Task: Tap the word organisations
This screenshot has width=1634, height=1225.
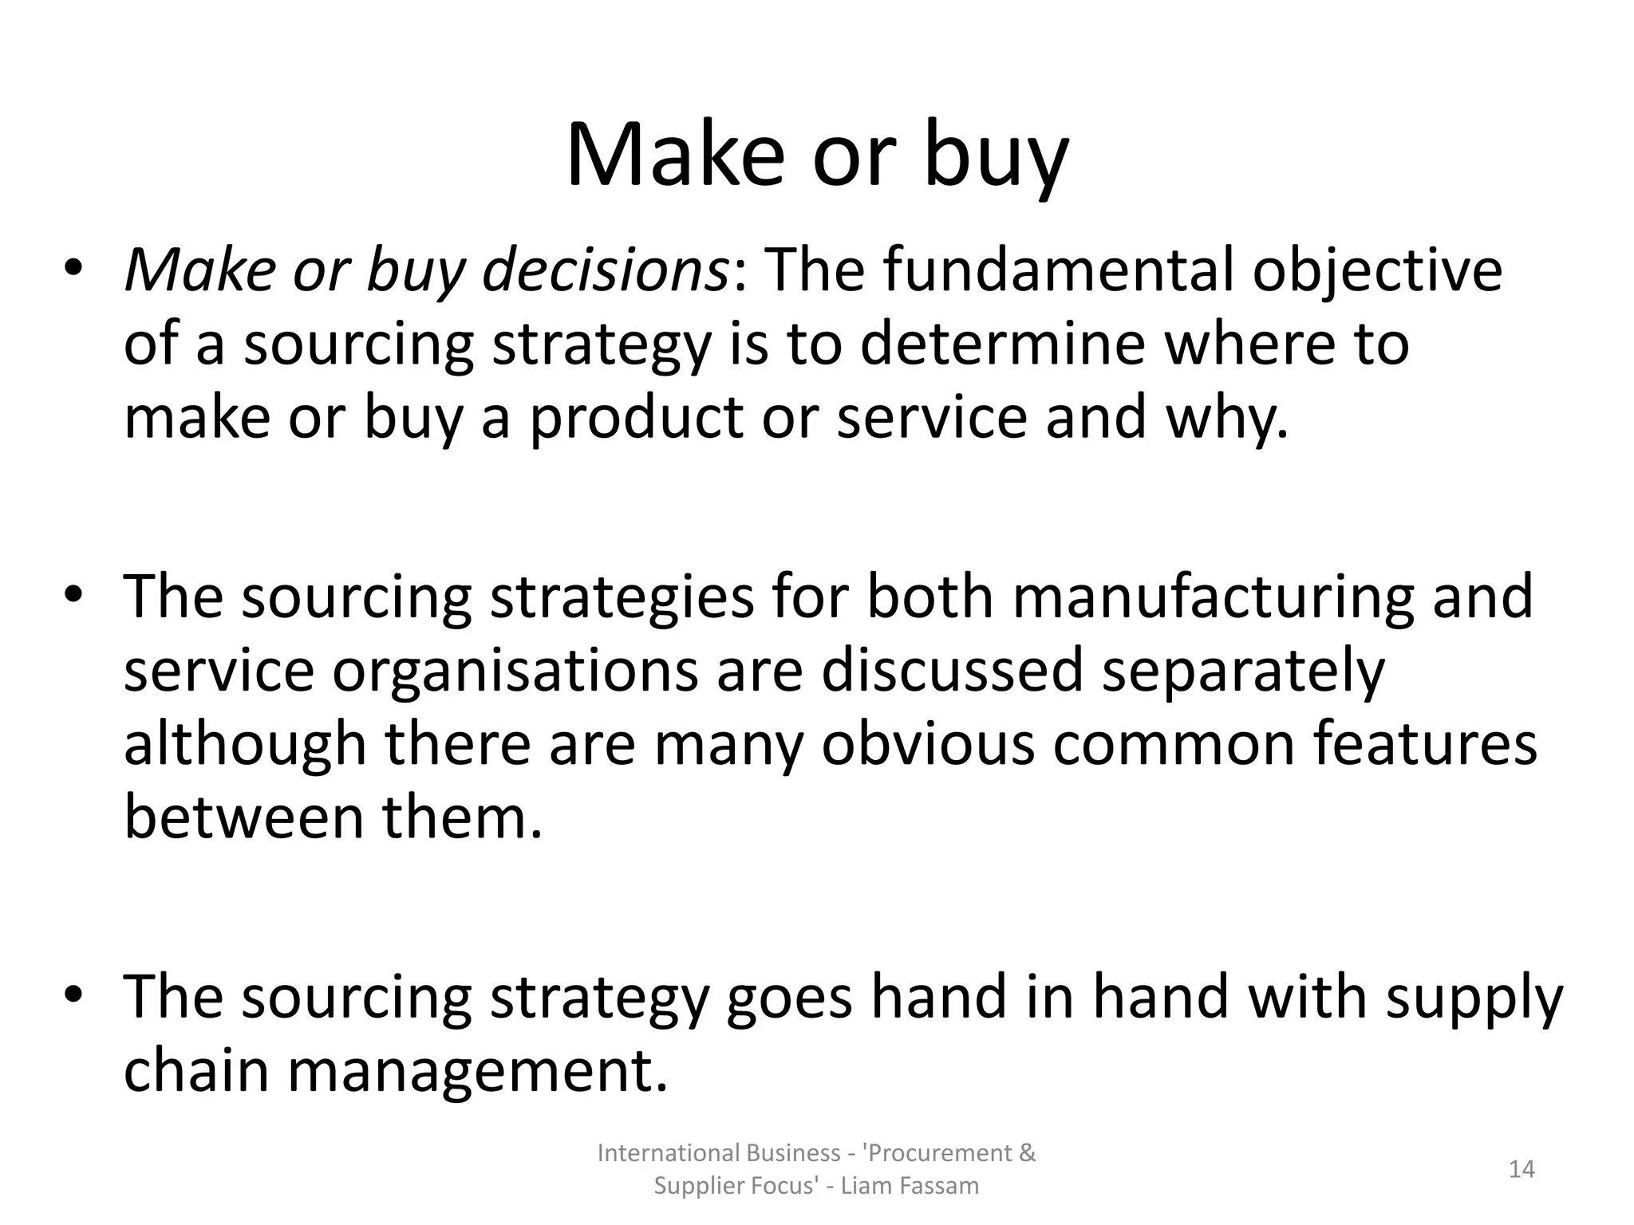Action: point(515,671)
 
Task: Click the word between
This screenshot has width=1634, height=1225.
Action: point(243,818)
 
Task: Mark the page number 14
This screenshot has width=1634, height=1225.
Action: point(1522,1169)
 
